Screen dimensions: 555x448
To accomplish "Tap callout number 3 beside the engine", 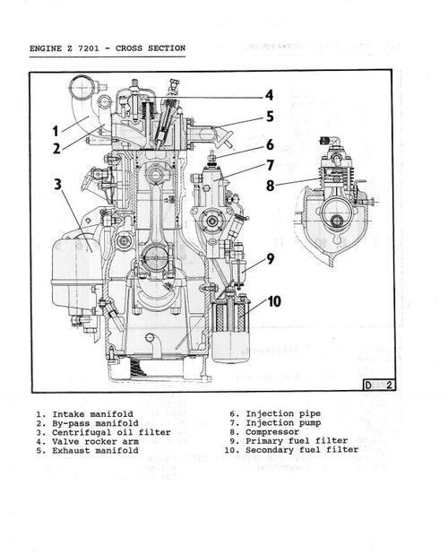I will click(x=56, y=186).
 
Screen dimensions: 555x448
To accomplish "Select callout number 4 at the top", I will click(x=268, y=95).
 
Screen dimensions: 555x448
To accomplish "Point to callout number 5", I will click(x=269, y=117).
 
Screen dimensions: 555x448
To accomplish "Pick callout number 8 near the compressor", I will click(x=269, y=186).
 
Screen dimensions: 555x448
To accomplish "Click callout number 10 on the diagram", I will click(x=272, y=301).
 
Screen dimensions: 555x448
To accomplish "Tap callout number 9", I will click(x=269, y=263).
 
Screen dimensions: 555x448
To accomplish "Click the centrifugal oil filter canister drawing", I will click(x=74, y=273).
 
